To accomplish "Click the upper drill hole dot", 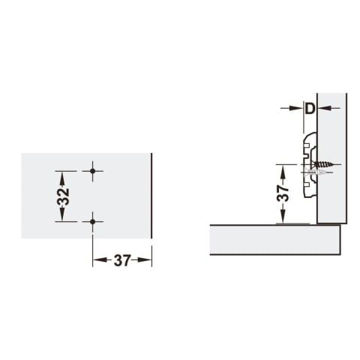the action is pyautogui.click(x=93, y=171).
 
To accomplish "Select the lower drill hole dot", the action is pyautogui.click(x=93, y=221).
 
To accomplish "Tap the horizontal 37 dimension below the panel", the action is pyautogui.click(x=122, y=260).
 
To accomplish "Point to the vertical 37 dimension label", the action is pyautogui.click(x=283, y=193).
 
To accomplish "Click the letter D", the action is pyautogui.click(x=310, y=109).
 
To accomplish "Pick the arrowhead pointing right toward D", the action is pyautogui.click(x=297, y=108).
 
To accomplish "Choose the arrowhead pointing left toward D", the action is pyautogui.click(x=325, y=108).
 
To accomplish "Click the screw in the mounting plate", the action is pyautogui.click(x=324, y=164).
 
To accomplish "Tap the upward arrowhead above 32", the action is pyautogui.click(x=62, y=178).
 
